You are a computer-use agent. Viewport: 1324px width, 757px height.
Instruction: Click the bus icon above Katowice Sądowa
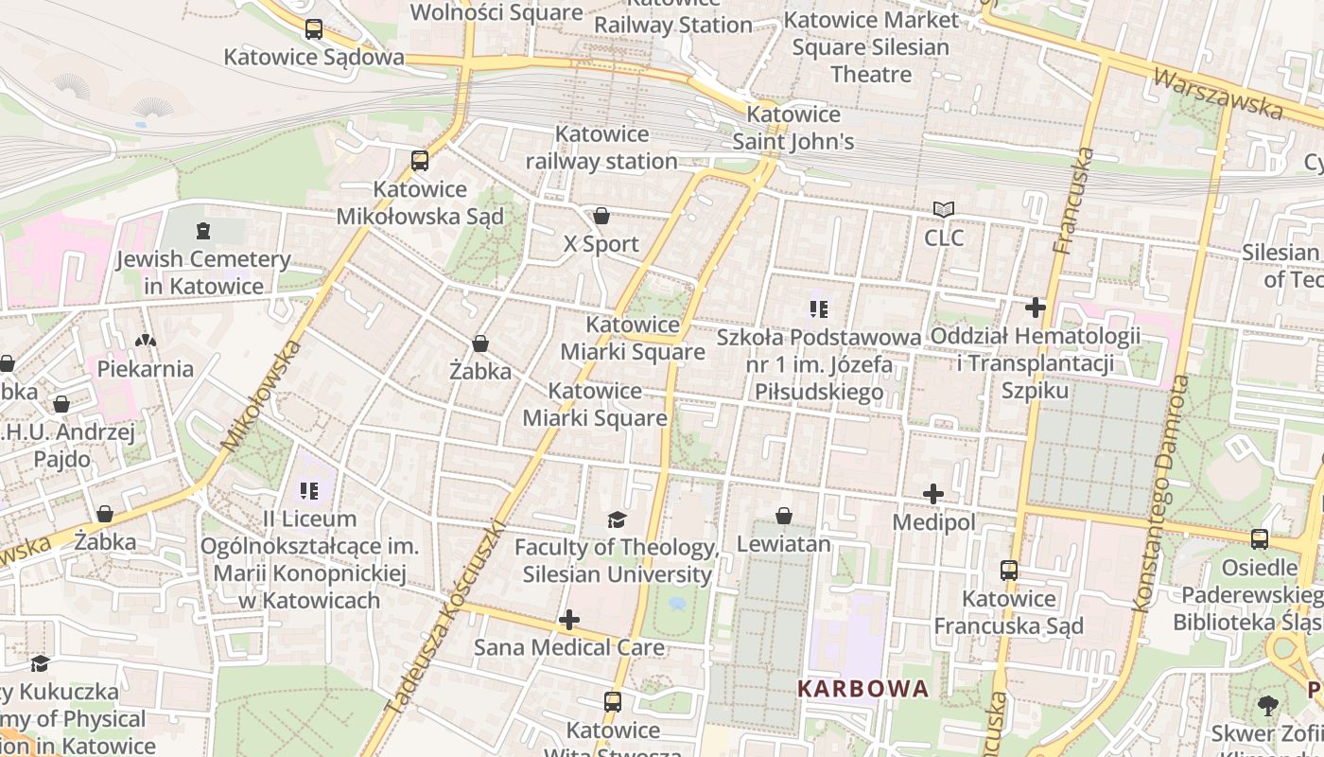pyautogui.click(x=314, y=29)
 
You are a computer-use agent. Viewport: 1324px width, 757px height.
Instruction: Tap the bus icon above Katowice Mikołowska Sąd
pyautogui.click(x=420, y=161)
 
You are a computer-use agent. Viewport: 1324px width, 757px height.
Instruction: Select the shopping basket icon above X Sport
pyautogui.click(x=601, y=216)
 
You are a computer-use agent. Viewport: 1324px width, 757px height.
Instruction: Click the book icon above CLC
pyautogui.click(x=944, y=209)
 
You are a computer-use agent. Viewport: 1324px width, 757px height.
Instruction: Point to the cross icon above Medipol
pyautogui.click(x=933, y=494)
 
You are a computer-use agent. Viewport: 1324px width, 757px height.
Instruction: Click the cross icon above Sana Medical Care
pyautogui.click(x=569, y=620)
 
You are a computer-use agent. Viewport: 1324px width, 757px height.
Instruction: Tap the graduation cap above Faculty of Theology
pyautogui.click(x=617, y=519)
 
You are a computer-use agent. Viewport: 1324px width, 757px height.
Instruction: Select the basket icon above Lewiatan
pyautogui.click(x=783, y=516)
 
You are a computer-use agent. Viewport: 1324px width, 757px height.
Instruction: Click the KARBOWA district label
pyautogui.click(x=863, y=688)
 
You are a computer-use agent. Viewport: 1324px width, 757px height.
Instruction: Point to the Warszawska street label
pyautogui.click(x=1220, y=93)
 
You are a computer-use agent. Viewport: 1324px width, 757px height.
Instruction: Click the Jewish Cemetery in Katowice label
pyautogui.click(x=203, y=273)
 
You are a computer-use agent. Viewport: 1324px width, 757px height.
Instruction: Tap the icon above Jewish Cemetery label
pyautogui.click(x=201, y=230)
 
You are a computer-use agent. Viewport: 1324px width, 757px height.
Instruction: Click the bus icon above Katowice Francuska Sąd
pyautogui.click(x=1009, y=571)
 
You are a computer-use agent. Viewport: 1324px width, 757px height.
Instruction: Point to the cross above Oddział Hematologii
pyautogui.click(x=1036, y=308)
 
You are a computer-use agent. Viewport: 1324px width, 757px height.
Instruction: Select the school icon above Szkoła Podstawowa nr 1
pyautogui.click(x=818, y=308)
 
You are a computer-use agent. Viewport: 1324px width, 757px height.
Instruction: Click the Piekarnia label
pyautogui.click(x=146, y=369)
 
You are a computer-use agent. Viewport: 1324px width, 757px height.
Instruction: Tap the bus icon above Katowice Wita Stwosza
pyautogui.click(x=613, y=702)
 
